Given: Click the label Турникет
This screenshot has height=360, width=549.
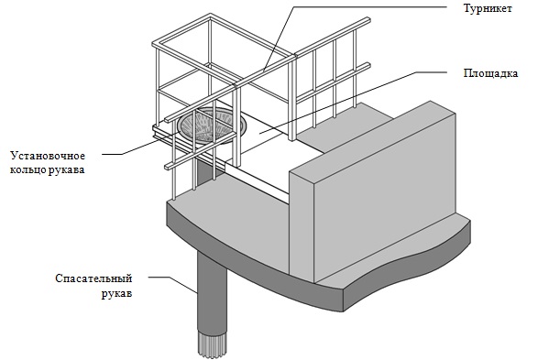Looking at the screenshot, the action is (x=488, y=8).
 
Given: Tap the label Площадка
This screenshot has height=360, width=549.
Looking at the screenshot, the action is (x=491, y=73).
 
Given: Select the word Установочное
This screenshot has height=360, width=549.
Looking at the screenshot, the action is (x=48, y=156).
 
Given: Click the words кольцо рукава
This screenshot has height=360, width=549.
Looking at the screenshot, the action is (x=48, y=170).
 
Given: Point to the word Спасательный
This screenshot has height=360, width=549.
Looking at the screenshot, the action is (x=93, y=278).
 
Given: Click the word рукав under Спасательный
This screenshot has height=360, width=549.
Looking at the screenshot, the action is (x=117, y=293).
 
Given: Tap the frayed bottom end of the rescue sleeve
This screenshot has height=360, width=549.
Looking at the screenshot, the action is (x=213, y=344).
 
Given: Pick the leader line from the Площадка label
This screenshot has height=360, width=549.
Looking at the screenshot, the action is (x=353, y=103).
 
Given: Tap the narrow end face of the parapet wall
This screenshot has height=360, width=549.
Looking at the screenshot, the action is (x=302, y=224).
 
